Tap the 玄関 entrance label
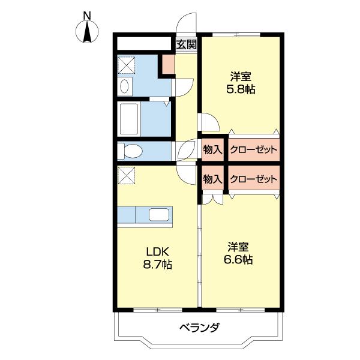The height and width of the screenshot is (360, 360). click(187, 44)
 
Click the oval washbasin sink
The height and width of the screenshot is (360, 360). click(124, 87)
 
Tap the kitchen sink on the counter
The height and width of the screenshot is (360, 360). click(160, 215)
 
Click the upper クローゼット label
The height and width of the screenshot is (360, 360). click(253, 149)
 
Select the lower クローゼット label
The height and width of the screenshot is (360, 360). click(253, 179)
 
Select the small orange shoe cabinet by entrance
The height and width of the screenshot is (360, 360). click(167, 64)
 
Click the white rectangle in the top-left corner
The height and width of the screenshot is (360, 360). click(145, 44)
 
